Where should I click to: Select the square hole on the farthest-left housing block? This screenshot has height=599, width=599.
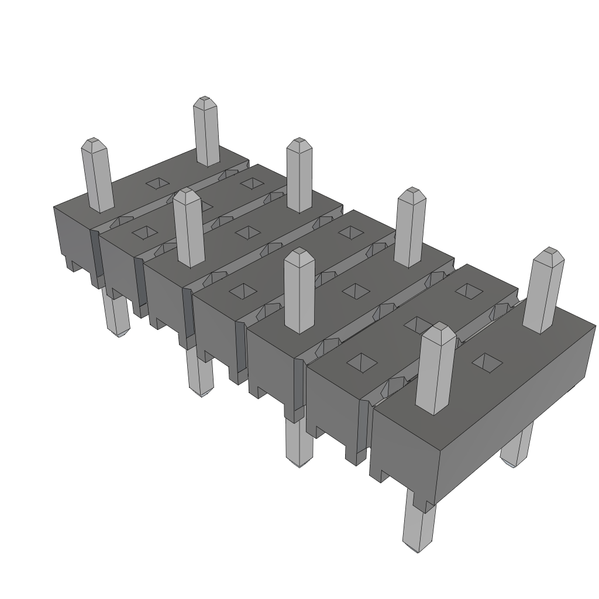coord(156,183)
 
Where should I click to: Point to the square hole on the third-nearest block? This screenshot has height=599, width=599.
coord(354,290)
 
